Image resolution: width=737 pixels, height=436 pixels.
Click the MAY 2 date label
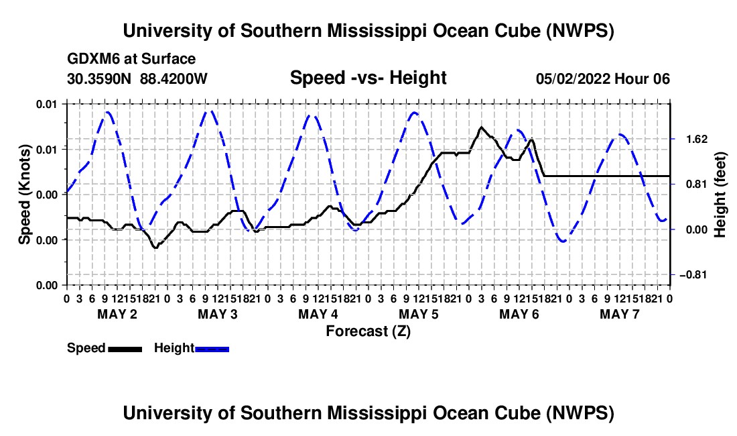(x=117, y=314)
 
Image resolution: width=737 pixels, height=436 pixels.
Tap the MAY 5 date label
(x=418, y=314)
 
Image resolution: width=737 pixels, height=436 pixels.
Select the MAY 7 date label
(x=620, y=314)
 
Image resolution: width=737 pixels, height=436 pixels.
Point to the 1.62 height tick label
(x=697, y=140)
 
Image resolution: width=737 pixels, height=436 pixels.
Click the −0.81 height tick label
(x=693, y=274)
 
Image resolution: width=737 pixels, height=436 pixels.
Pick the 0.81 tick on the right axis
(x=697, y=184)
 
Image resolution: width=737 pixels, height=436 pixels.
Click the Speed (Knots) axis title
(x=24, y=195)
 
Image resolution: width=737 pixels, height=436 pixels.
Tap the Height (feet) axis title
(x=720, y=195)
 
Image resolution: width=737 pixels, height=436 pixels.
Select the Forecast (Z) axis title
(x=368, y=331)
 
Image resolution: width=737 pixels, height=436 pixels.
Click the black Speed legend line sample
(x=125, y=349)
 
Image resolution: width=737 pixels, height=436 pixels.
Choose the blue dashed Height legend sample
(x=212, y=349)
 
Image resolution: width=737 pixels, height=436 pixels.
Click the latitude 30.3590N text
(x=99, y=78)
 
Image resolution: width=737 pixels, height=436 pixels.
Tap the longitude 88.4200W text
(x=174, y=78)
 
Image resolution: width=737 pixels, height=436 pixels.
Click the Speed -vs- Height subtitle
(x=368, y=78)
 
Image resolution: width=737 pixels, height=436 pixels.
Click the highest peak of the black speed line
(x=481, y=127)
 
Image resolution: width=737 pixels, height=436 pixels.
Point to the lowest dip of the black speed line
(x=155, y=248)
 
